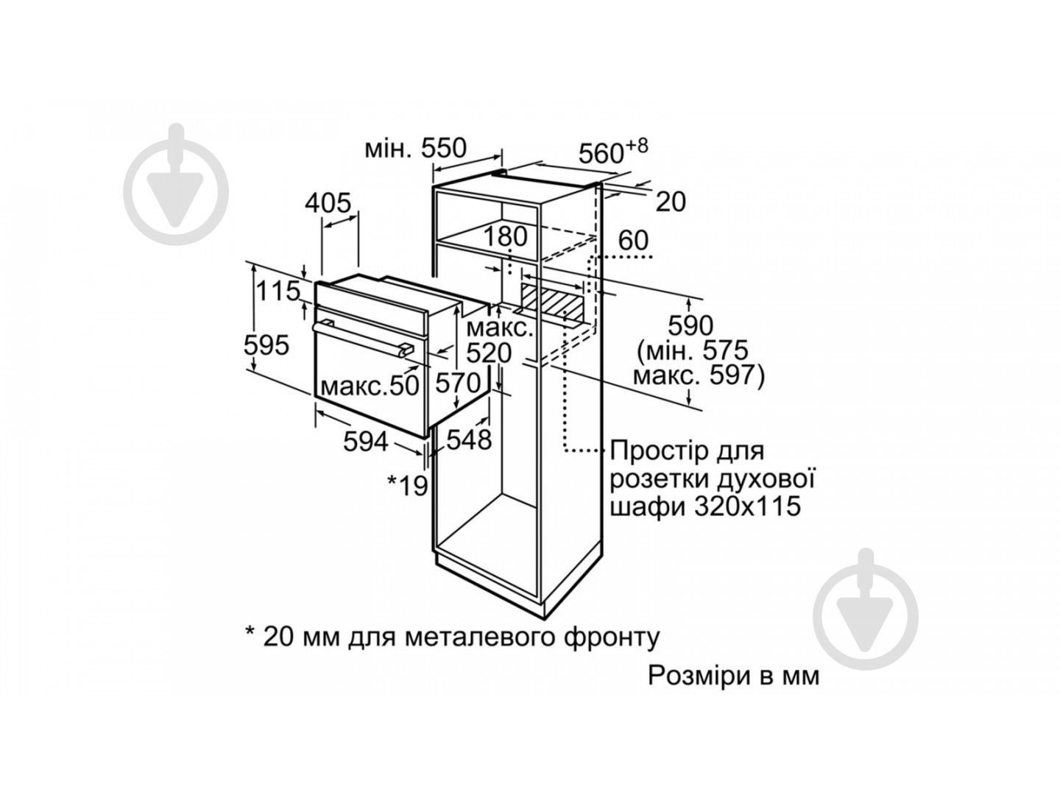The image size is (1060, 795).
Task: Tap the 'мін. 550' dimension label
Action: (x=416, y=149)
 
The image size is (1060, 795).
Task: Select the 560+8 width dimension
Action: (x=612, y=152)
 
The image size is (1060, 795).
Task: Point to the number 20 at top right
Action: (x=671, y=201)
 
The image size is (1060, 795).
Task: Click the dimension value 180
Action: (x=506, y=237)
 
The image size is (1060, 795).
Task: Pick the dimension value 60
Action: (x=633, y=240)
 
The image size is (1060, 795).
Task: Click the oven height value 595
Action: (x=266, y=344)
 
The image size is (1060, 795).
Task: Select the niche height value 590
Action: (x=690, y=325)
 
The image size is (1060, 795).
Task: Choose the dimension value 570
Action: (x=457, y=384)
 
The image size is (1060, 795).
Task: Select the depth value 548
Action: (x=469, y=439)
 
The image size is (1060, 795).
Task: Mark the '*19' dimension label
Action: (x=408, y=484)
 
